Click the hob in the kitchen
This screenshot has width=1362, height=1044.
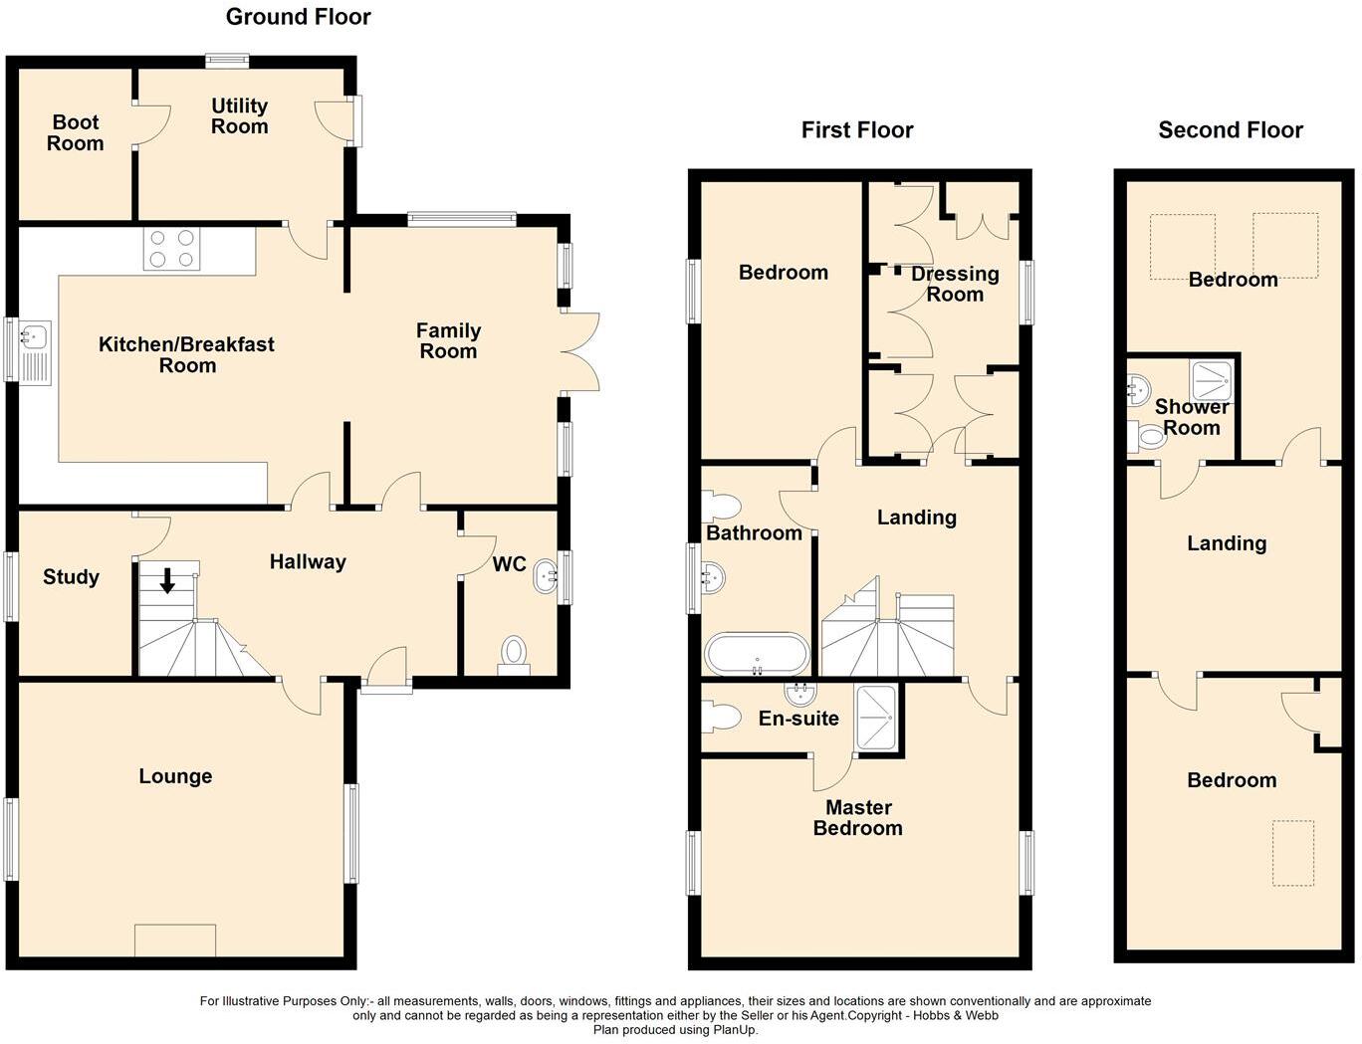172,249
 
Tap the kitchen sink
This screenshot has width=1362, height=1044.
34,350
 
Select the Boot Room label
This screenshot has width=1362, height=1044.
76,132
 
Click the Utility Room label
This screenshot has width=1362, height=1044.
239,115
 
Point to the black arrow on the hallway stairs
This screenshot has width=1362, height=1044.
167,580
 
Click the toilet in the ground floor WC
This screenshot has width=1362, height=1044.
514,653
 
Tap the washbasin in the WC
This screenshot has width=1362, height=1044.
546,576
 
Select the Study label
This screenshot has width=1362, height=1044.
71,577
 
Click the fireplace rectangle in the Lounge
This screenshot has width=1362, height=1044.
175,940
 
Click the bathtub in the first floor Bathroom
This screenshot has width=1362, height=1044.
757,654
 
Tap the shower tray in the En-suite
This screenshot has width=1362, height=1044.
876,717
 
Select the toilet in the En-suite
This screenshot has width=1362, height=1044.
720,716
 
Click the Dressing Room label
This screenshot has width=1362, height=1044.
955,284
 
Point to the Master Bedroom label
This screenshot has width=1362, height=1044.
857,817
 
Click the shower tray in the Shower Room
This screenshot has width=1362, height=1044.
1212,381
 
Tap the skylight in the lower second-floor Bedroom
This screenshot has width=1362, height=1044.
1293,852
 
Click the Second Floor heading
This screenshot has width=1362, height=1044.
1231,130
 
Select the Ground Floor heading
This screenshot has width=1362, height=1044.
298,17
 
